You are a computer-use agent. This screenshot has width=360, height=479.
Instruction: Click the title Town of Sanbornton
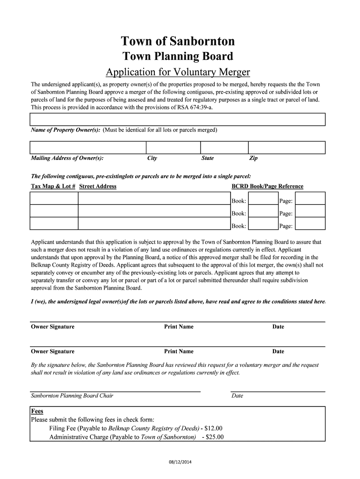(178, 42)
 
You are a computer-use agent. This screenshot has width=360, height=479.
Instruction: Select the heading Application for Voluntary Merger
(178, 72)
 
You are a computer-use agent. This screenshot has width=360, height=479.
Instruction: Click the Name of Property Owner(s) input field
(178, 120)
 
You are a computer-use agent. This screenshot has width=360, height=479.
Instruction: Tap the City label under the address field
(152, 158)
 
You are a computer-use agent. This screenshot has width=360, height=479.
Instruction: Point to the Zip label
(253, 158)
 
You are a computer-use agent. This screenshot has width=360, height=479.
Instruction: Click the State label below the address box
(207, 158)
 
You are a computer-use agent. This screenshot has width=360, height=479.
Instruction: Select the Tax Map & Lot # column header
(53, 186)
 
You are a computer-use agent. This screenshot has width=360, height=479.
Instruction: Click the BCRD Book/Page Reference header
(267, 186)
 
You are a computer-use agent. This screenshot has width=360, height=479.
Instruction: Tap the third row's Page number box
(310, 225)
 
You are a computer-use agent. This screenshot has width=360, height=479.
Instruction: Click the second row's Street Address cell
(154, 213)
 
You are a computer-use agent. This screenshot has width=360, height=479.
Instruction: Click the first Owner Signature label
(52, 327)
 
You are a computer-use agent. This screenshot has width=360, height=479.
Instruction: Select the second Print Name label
(179, 351)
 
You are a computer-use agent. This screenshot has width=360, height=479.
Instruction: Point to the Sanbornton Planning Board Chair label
(72, 396)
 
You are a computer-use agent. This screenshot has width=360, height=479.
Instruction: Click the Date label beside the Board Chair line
(238, 396)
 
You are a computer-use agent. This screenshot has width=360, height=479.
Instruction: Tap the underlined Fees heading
(37, 411)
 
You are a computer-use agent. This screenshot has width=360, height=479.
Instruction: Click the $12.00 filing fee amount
(214, 428)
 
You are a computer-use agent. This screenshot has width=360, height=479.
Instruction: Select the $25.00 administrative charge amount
(215, 437)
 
